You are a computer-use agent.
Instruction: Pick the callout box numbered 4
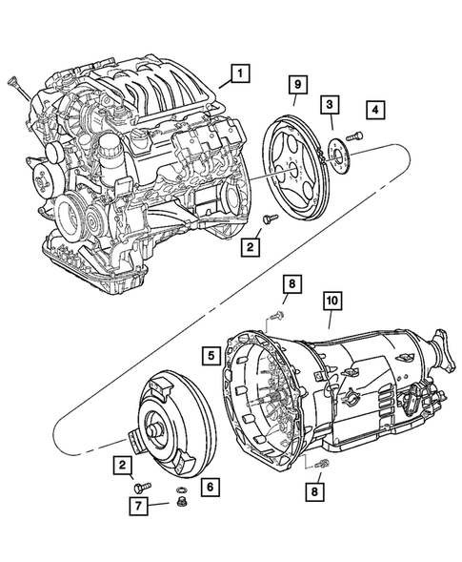[378, 111]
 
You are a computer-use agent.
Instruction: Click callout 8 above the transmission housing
[292, 284]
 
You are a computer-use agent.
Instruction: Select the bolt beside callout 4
[353, 136]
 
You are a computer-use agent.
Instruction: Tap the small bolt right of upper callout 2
[270, 220]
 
